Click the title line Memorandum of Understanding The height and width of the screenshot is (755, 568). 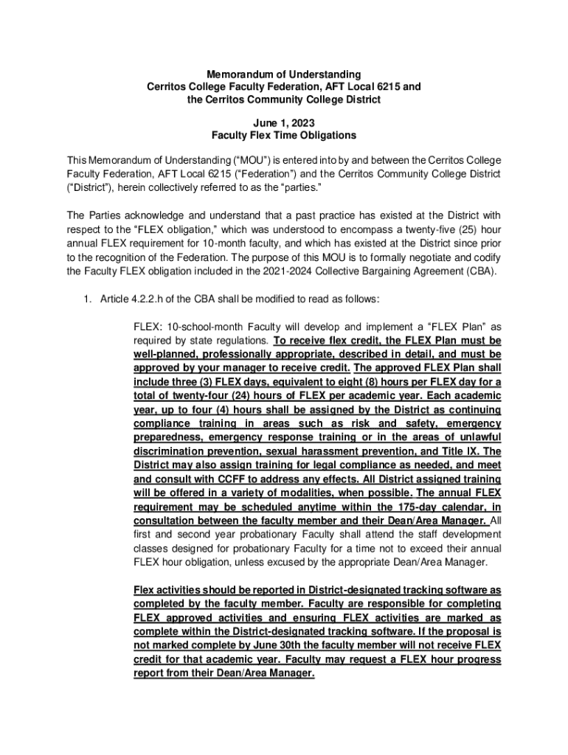tap(284, 74)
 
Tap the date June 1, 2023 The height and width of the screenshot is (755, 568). tap(283, 122)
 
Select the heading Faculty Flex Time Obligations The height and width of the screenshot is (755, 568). tap(284, 136)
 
